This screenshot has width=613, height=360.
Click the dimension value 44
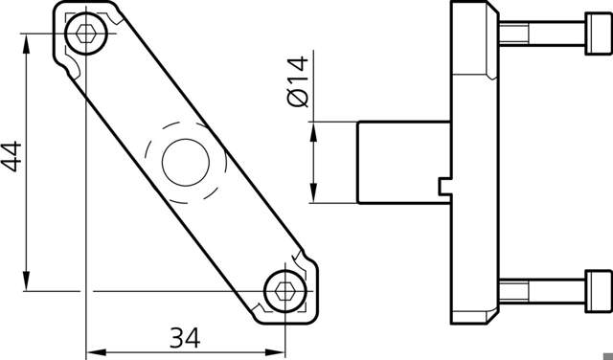click(11, 156)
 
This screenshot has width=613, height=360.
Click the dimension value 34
click(185, 338)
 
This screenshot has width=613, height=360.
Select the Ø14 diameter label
click(298, 81)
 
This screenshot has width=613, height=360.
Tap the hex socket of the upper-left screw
click(86, 34)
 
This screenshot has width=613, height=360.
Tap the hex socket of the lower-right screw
click(285, 291)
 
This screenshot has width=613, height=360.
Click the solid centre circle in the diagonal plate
click(186, 162)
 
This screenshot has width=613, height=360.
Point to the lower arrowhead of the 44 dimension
click(26, 281)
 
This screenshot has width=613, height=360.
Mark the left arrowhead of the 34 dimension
click(96, 352)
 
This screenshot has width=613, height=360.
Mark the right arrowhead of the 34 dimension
click(275, 352)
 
